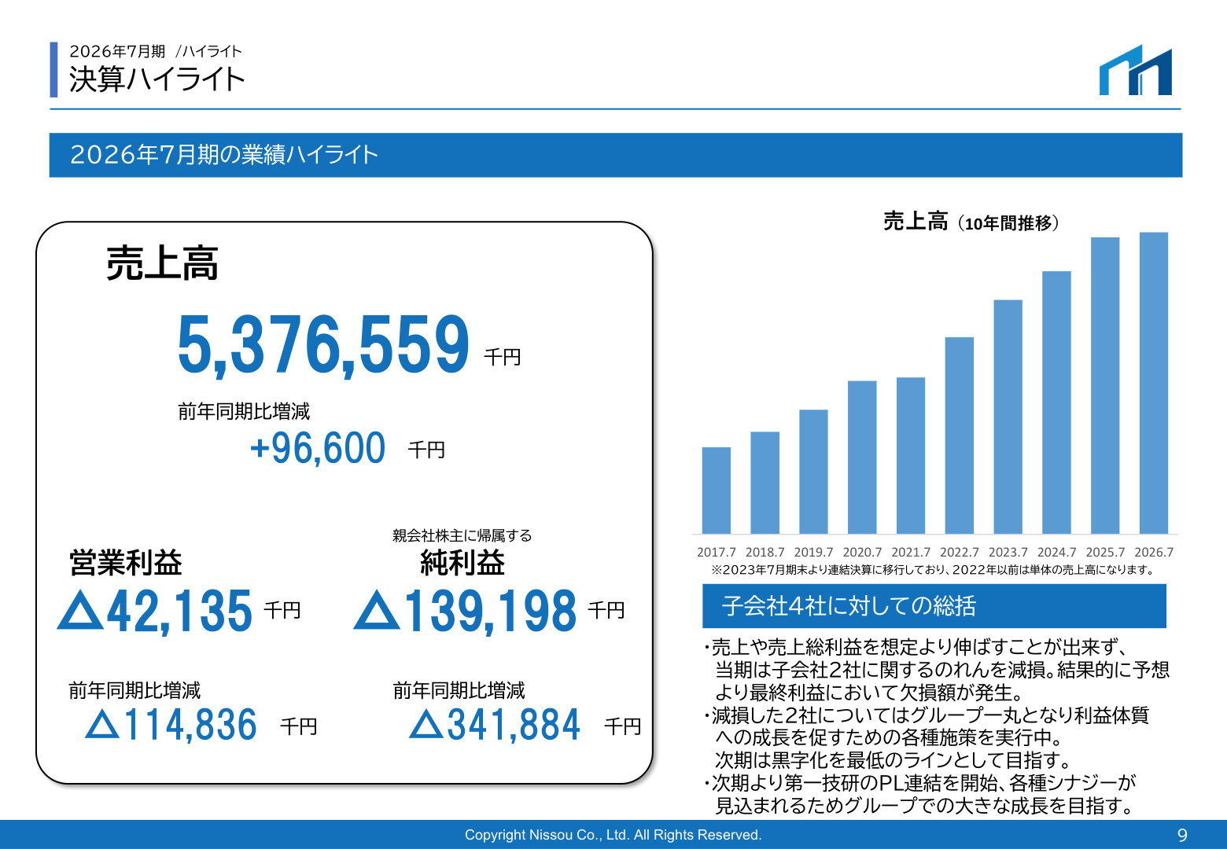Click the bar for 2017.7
coord(716,491)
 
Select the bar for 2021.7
coord(910,455)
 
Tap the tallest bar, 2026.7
coord(1154,383)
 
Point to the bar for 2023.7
coord(1008,417)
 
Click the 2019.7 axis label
coord(813,553)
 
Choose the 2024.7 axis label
coord(1056,553)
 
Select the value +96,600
coord(318,448)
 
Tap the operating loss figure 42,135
coord(179,611)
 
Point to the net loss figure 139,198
coord(490,611)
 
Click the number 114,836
coord(190,725)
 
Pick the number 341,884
coord(514,725)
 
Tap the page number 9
coord(1182,835)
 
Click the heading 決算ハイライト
coord(157,79)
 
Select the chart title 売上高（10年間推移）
coord(971,222)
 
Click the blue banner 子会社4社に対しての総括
coord(934,606)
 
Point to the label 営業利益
coord(125,563)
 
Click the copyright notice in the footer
coord(613,835)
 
